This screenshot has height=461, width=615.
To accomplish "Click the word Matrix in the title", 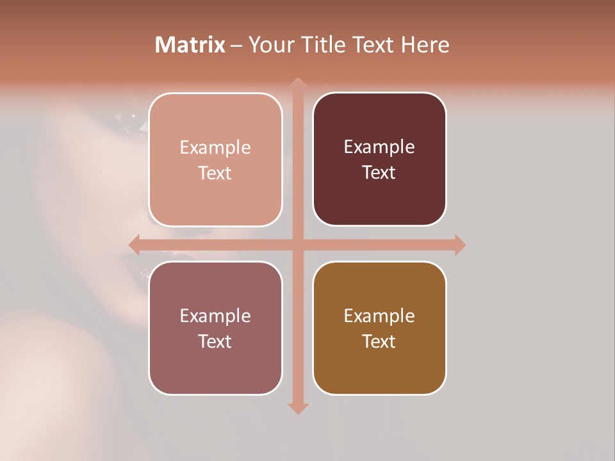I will pos(190,45).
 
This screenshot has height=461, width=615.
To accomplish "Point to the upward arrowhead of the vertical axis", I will pos(297,83).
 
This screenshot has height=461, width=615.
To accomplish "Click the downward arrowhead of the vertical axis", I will pos(297,408).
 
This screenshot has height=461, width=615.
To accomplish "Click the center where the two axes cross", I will pos(297,245).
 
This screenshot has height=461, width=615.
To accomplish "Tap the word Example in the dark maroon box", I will pos(379,147).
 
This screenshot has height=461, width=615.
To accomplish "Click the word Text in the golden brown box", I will pos(379,341).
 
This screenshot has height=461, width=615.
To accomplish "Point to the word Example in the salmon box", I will pos(215,148).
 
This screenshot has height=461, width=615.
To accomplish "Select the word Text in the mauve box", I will pos(215,341).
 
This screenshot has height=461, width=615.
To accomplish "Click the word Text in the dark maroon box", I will pos(379,173).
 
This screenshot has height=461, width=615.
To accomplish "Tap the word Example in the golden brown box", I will pos(379,316).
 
